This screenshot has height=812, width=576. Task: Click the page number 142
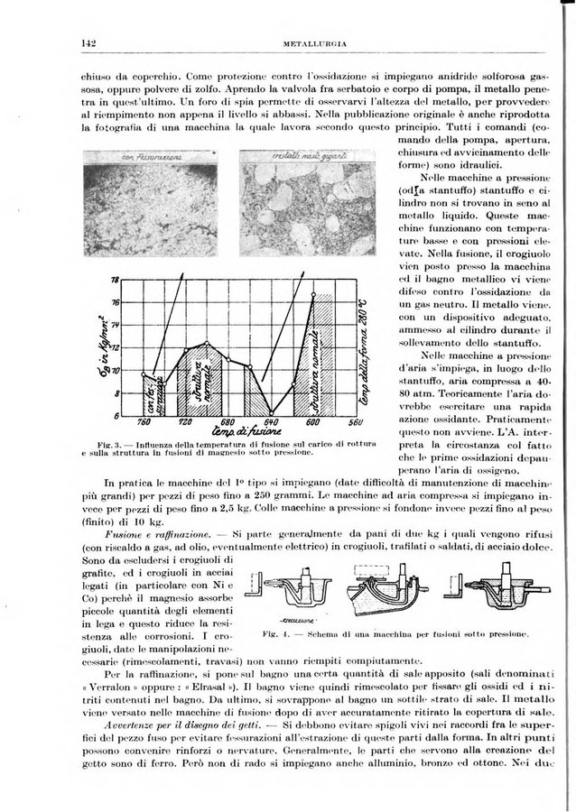coord(88,42)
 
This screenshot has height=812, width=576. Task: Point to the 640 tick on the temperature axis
coord(271,422)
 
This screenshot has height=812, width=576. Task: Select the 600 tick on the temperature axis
coord(312,422)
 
